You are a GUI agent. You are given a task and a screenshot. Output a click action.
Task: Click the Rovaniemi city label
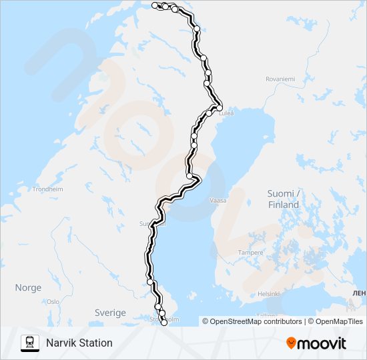pos(280,79)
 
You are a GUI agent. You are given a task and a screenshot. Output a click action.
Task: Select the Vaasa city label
pos(218,200)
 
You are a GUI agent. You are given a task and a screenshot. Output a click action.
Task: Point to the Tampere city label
pos(251,253)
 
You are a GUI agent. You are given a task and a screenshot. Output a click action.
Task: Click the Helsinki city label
pos(268,293)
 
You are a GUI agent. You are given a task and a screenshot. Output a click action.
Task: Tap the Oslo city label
pos(53,301)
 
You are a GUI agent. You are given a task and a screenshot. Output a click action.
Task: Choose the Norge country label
pos(28,288)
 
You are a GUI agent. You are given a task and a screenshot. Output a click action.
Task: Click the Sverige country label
pos(110,313)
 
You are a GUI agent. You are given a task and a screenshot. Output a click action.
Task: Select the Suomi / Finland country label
pos(284,199)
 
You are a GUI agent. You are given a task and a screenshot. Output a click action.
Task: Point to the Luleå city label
pos(227,113)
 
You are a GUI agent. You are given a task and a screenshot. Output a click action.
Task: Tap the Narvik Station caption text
pos(79,343)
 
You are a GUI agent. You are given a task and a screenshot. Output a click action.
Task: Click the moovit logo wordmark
pos(322,343)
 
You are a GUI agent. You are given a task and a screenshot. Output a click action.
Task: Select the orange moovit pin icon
pos(291,343)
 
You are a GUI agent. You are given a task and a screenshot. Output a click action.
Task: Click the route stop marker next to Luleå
pos(218,107)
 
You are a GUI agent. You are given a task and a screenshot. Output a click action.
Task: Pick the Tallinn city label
pos(266,315)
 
